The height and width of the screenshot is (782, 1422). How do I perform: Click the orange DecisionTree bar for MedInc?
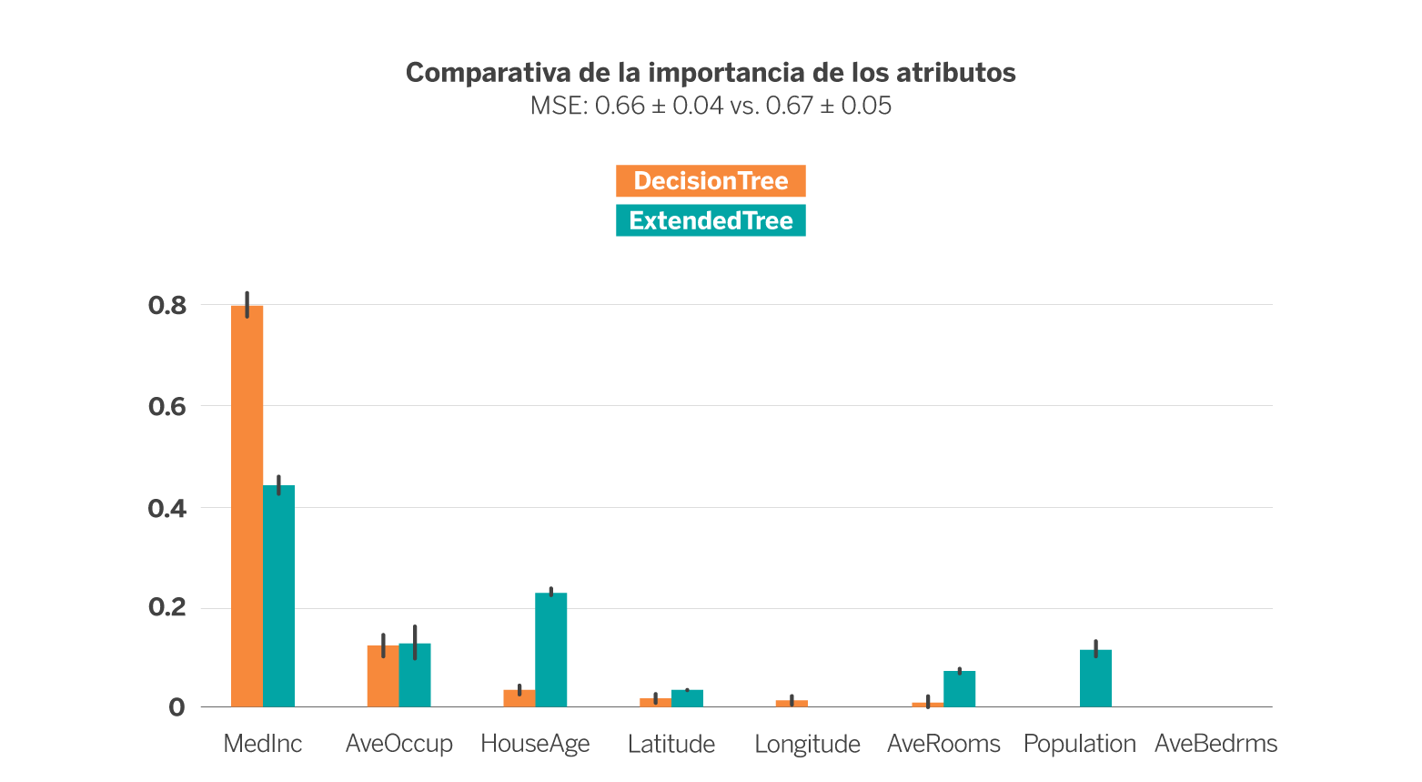247,505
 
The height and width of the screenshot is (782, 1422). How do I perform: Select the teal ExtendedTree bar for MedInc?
278,596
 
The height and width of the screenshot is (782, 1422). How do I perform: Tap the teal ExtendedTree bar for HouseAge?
550,649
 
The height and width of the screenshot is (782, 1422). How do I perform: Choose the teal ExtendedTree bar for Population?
1095,677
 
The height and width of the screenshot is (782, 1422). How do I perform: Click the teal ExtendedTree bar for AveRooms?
960,688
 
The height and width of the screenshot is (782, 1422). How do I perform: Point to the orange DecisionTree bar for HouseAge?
519,697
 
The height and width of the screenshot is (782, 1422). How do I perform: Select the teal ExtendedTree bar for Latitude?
687,697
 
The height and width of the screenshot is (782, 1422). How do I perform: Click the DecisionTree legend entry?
711,181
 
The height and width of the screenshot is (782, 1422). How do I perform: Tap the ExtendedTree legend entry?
711,220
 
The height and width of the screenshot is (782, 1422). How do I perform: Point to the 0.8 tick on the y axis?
167,305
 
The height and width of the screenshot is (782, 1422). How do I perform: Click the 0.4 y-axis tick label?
167,508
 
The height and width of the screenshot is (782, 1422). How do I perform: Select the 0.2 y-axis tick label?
167,608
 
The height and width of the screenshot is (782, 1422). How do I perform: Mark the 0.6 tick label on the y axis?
167,406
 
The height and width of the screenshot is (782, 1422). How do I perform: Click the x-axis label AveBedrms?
1215,744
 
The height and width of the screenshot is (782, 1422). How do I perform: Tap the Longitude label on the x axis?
807,744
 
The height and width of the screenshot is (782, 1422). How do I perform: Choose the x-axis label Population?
1079,744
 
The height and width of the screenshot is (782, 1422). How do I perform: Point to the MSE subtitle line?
711,106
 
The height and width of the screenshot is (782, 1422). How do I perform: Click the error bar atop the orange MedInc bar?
247,304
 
